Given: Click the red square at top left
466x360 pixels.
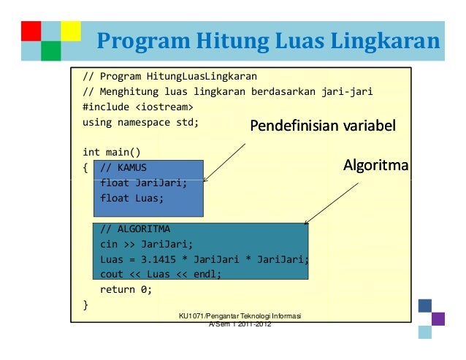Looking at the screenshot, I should [31, 31].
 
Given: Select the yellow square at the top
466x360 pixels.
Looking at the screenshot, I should [70, 31].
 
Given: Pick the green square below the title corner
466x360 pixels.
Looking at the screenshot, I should [50, 50].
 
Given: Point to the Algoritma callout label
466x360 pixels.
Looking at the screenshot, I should [375, 167].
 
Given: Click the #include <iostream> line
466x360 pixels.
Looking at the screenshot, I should [132, 107].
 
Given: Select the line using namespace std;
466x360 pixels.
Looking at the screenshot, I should [140, 122].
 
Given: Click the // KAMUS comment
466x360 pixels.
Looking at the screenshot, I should [123, 167].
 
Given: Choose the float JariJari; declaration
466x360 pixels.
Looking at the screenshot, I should [143, 183].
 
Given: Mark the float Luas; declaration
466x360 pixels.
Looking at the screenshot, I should [132, 198].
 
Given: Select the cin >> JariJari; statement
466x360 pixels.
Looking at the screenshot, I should [146, 244].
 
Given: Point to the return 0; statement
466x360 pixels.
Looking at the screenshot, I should [126, 289].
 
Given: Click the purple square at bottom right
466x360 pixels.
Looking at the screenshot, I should [438, 319].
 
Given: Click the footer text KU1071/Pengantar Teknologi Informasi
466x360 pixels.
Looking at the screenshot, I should [240, 315].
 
